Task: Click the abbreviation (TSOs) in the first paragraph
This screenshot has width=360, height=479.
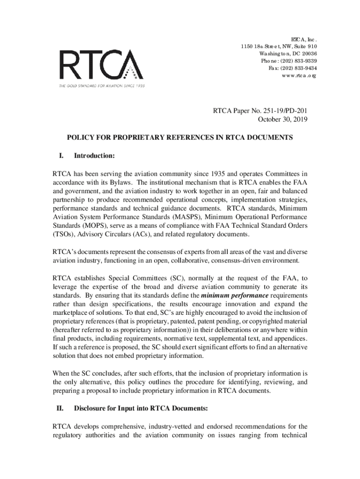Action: coord(65,234)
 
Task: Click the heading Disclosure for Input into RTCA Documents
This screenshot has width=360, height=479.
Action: coord(141,408)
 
